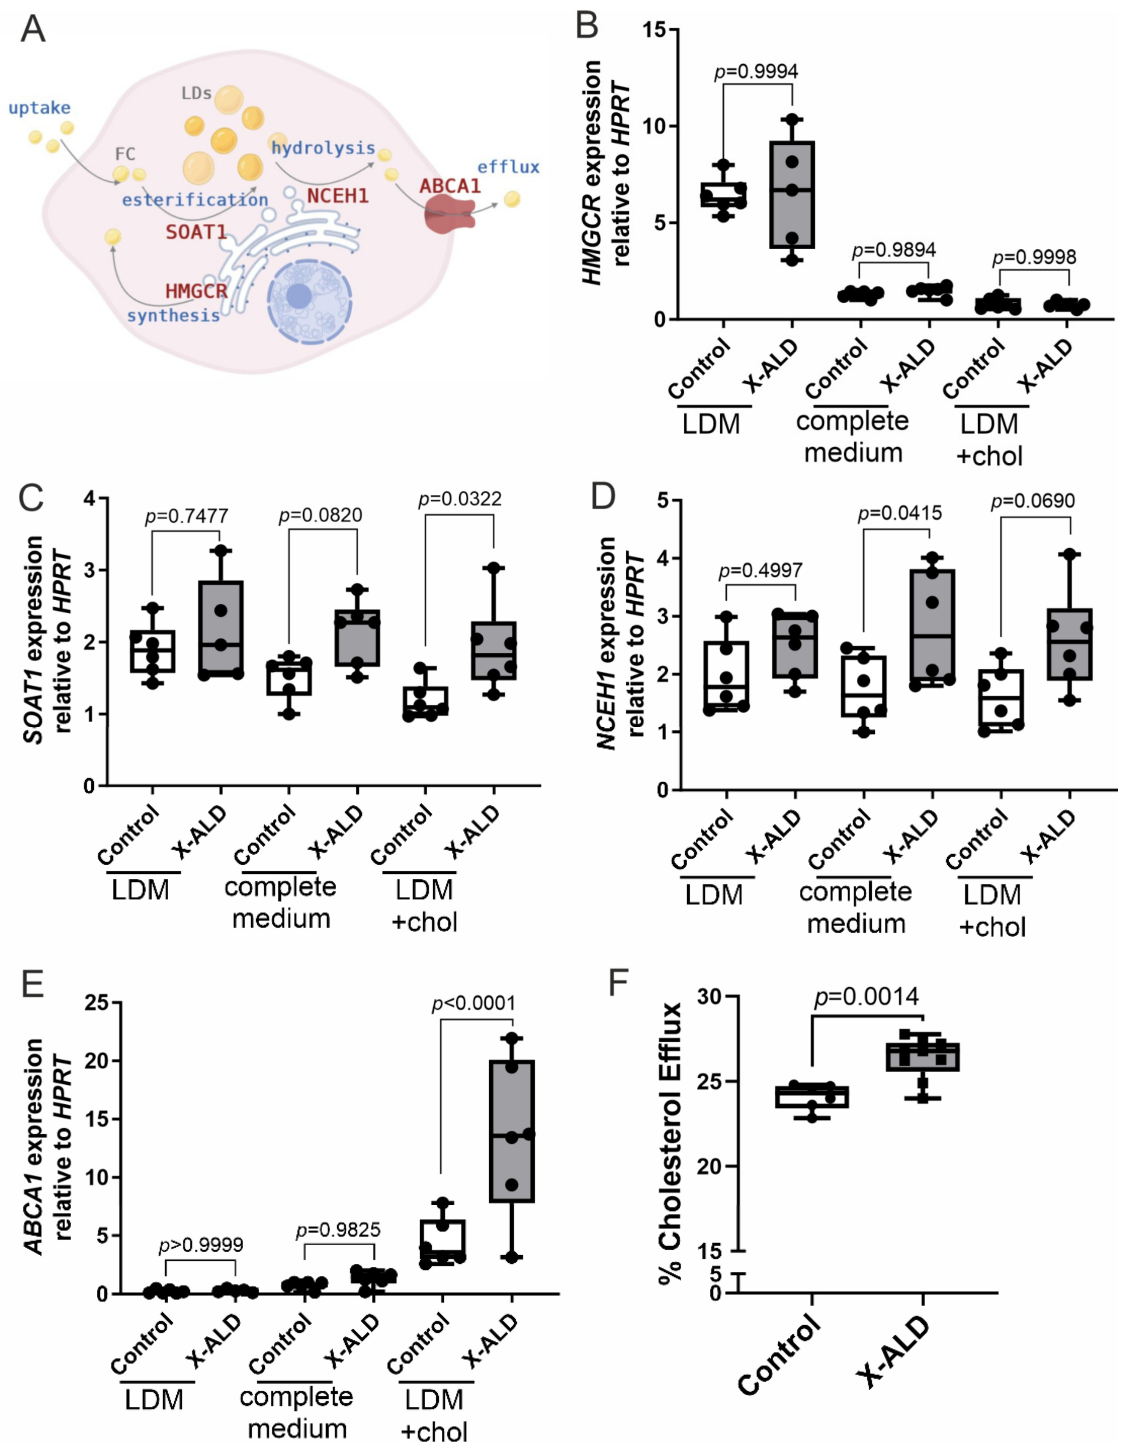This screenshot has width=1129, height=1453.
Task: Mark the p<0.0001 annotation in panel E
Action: tap(474, 1003)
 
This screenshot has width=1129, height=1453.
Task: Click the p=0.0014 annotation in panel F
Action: tap(867, 996)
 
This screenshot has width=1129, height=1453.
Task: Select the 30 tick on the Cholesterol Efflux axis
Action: tap(711, 996)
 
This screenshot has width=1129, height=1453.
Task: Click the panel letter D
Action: tap(603, 497)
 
